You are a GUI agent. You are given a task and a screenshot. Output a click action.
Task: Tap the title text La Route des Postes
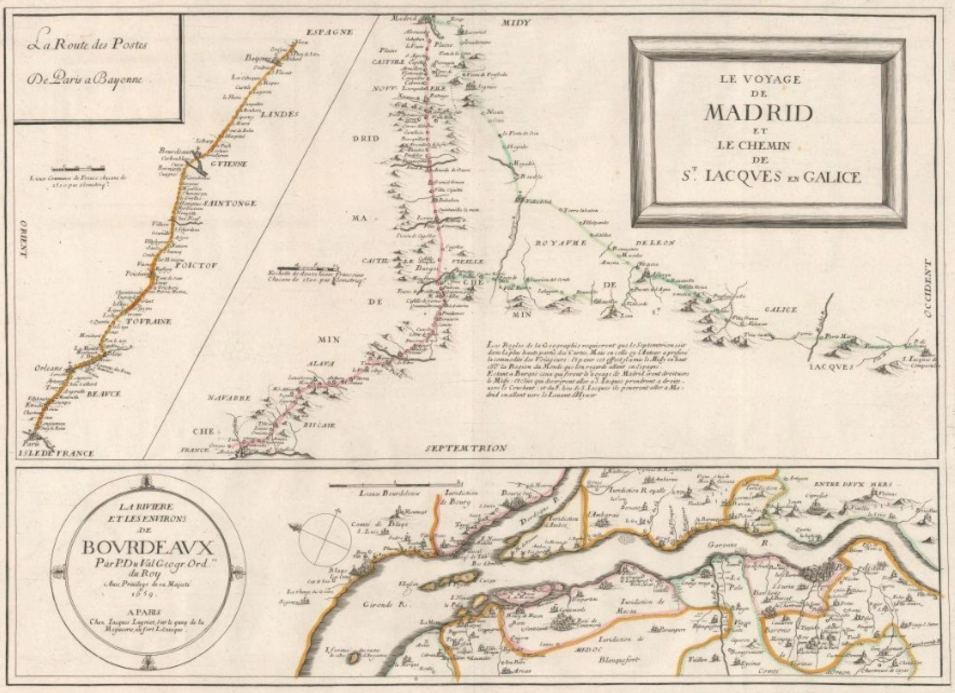pyautogui.click(x=88, y=44)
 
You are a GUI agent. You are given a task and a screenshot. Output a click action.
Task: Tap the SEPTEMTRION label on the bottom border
pyautogui.click(x=466, y=448)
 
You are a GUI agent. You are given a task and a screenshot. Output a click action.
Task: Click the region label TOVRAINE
pyautogui.click(x=149, y=322)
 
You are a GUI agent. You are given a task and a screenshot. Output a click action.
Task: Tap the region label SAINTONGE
pyautogui.click(x=230, y=203)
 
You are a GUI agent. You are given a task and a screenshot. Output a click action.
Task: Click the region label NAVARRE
pyautogui.click(x=230, y=398)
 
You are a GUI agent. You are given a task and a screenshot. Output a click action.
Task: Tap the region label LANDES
pyautogui.click(x=279, y=114)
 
